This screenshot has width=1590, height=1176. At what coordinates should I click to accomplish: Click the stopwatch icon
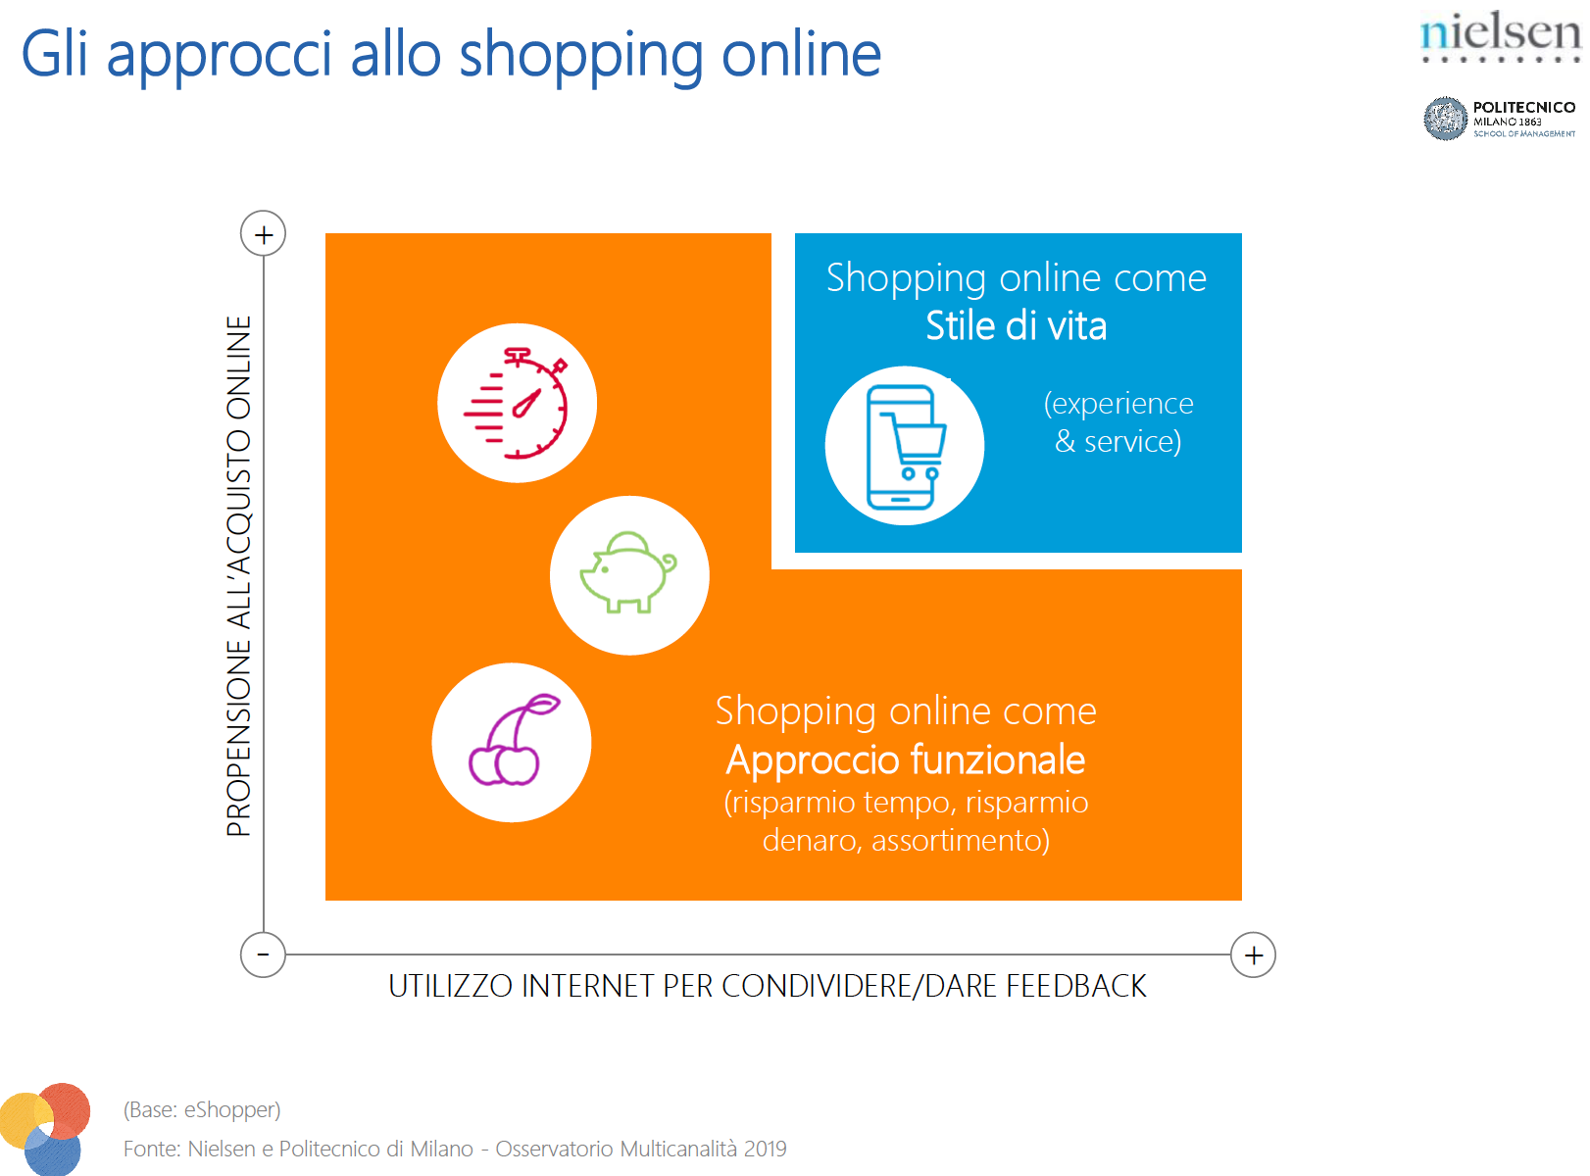tap(517, 403)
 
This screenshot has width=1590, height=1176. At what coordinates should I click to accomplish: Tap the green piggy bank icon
tap(628, 572)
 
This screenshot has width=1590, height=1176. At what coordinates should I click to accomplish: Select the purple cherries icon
tap(514, 740)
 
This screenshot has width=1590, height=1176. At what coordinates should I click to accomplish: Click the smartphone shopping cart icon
tap(906, 447)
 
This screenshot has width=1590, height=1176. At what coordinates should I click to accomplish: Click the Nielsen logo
tap(1500, 36)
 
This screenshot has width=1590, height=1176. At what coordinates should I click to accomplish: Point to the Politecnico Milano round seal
tap(1445, 119)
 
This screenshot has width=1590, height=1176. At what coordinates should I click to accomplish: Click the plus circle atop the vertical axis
tap(263, 233)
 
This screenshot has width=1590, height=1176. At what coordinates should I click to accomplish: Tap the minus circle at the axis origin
tap(263, 955)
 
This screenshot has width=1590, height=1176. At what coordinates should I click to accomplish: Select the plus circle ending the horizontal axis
tap(1253, 955)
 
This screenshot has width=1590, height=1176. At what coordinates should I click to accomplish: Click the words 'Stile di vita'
tap(1016, 326)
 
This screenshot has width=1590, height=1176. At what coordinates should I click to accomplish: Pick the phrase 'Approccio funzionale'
tap(905, 759)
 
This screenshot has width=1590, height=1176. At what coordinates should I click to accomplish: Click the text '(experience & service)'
tap(1118, 422)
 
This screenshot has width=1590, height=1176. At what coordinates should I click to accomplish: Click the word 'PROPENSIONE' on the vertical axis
tap(239, 737)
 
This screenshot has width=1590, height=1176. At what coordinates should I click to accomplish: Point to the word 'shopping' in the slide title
tap(581, 56)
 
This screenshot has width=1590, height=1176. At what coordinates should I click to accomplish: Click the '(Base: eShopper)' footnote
tap(201, 1109)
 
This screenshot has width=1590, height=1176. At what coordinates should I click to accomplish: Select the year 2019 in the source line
tap(765, 1149)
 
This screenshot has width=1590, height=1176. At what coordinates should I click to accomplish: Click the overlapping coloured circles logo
tap(45, 1129)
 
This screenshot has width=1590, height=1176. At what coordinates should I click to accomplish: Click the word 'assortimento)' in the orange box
tap(961, 840)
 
